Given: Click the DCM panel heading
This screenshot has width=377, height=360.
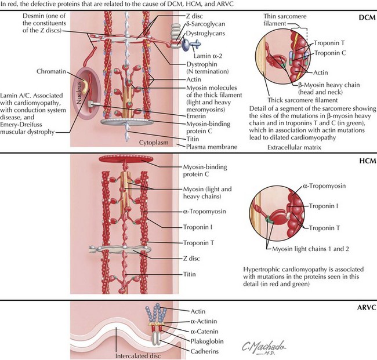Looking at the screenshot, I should [x=364, y=19].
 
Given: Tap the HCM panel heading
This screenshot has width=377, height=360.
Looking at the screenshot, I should [x=364, y=162].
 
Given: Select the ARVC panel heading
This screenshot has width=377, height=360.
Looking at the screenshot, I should [x=362, y=307].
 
